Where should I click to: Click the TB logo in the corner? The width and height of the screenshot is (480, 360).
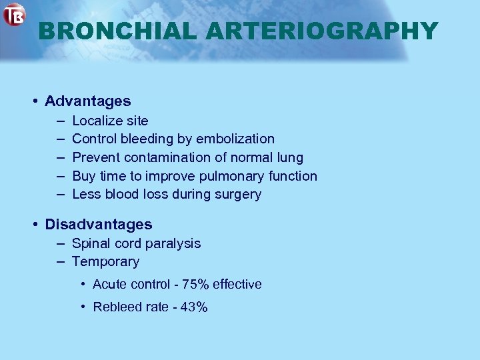pyautogui.click(x=14, y=15)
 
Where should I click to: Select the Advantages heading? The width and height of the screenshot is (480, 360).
pyautogui.click(x=87, y=101)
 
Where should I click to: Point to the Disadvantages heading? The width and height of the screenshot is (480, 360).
pyautogui.click(x=98, y=225)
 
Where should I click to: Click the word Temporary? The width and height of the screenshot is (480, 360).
pyautogui.click(x=105, y=262)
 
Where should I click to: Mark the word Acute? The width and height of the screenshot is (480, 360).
pyautogui.click(x=109, y=285)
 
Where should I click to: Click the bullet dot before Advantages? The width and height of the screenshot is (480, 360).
pyautogui.click(x=34, y=101)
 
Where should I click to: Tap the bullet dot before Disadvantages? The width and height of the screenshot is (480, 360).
pyautogui.click(x=34, y=225)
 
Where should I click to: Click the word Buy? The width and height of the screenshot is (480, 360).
pyautogui.click(x=83, y=176)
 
